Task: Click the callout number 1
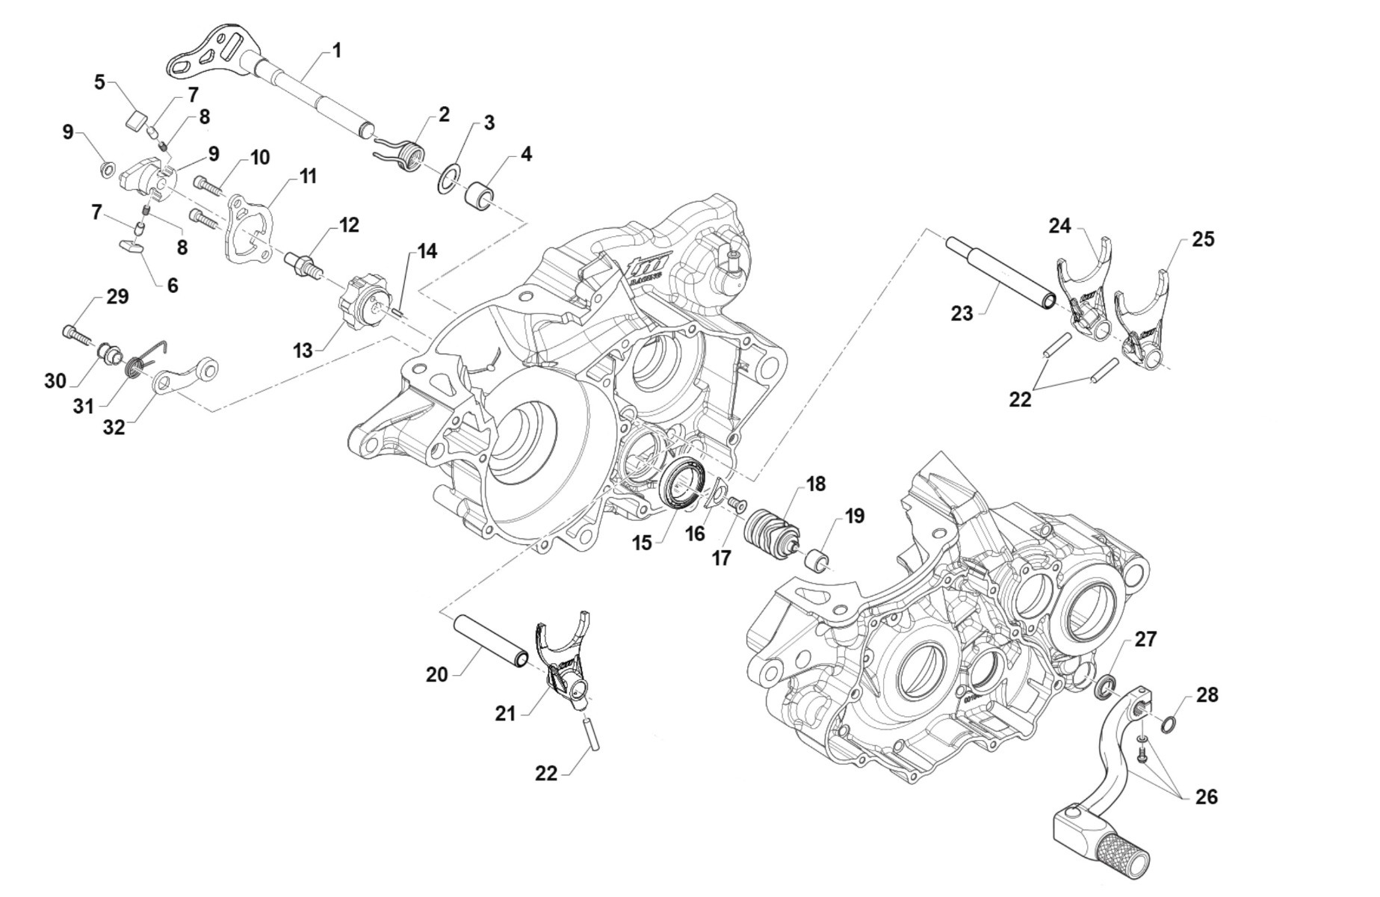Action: pyautogui.click(x=337, y=51)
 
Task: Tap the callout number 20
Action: pyautogui.click(x=437, y=674)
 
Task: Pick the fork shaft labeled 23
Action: pyautogui.click(x=1002, y=273)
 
